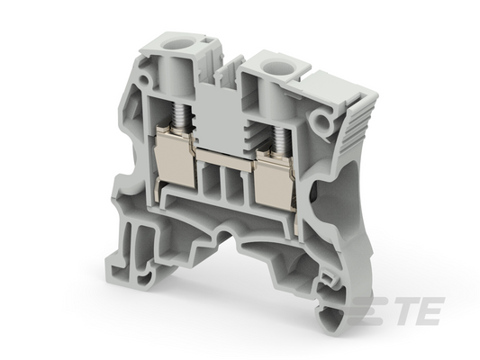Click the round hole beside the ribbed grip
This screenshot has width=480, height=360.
(321, 121)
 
